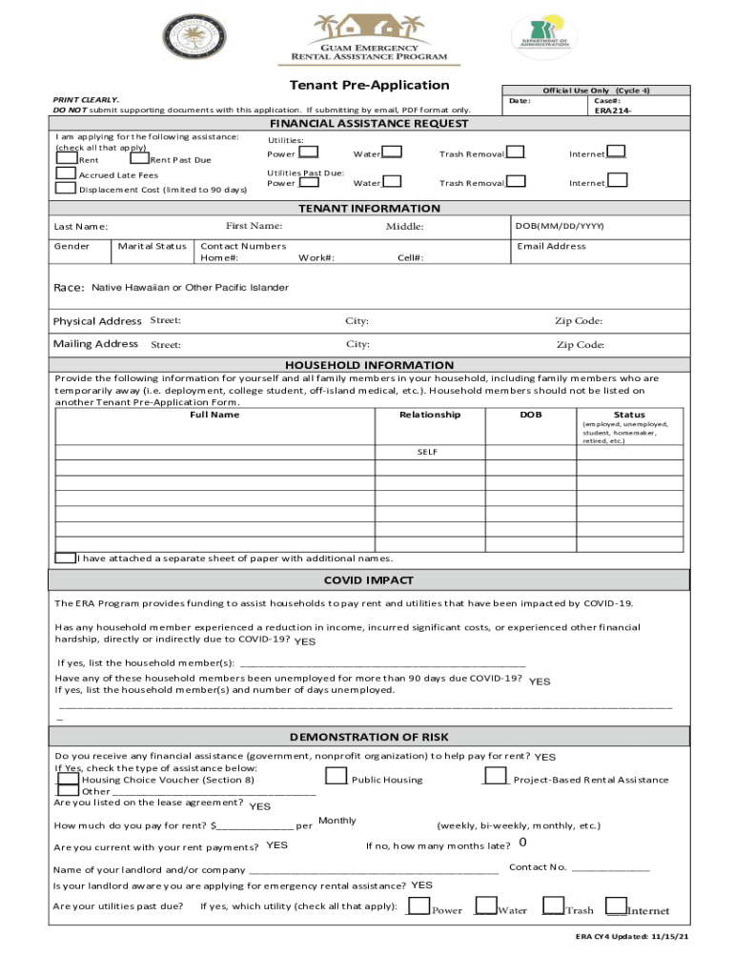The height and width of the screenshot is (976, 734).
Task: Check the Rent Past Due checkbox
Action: coord(139,158)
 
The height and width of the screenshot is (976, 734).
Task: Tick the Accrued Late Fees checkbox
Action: coord(66,173)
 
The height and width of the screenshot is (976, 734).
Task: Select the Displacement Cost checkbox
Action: coord(66,188)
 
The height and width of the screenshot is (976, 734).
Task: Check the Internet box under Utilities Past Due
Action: coord(617,180)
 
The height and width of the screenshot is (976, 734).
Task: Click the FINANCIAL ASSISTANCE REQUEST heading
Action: coord(368,124)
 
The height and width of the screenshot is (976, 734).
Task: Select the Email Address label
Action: coord(551,246)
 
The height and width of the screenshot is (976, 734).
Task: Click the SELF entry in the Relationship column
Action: coord(427,451)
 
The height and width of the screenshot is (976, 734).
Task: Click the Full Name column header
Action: coord(214,415)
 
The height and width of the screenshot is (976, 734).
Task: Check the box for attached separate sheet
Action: coord(66,558)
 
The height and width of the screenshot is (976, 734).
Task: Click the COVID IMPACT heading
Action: coord(368,579)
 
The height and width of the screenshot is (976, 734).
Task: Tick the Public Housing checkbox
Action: coord(336,776)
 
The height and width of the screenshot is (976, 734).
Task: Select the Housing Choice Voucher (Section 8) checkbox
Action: coord(68,778)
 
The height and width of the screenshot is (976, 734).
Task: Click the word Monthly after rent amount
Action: coord(337,821)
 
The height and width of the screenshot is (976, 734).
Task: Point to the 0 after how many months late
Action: coord(523,843)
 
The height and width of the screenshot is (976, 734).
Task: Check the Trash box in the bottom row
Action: coord(553,905)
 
